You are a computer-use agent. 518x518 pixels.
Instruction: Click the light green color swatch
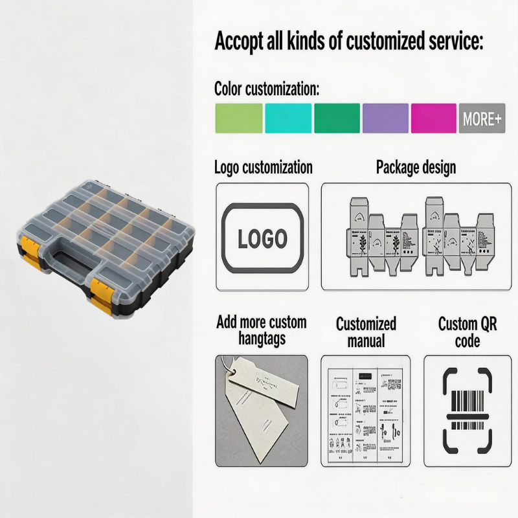pos(238,118)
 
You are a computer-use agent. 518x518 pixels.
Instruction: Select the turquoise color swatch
pos(288,118)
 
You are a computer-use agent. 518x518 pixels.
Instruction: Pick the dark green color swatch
pos(337,118)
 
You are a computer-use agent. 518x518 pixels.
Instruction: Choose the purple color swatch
pos(385,118)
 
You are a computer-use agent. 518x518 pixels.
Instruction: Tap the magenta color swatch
pos(433,118)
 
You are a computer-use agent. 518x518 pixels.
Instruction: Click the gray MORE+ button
pos(482,118)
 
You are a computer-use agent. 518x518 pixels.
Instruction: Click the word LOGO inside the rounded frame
pos(262,238)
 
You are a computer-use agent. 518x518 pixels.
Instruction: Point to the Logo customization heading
pos(263,168)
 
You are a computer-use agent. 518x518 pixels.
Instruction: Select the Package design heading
pos(416,168)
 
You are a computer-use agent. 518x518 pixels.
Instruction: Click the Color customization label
pos(267,89)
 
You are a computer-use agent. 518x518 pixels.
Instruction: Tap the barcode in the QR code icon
pos(467,410)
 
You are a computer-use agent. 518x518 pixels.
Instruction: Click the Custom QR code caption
pos(467,332)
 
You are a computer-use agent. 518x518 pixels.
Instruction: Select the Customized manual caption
pos(366,332)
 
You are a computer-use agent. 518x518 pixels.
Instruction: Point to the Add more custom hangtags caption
pos(262,330)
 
